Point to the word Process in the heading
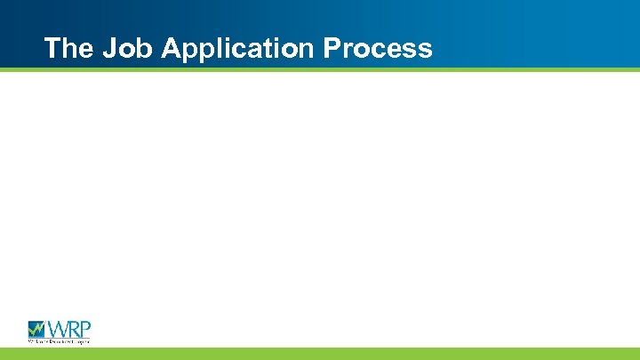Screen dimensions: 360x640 378,47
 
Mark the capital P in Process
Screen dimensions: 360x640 332,47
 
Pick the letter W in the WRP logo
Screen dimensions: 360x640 58,328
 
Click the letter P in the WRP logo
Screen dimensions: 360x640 85,328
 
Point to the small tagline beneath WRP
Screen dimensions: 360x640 59,340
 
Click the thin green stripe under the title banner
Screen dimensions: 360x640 320,69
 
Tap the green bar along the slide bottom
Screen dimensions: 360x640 320,354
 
